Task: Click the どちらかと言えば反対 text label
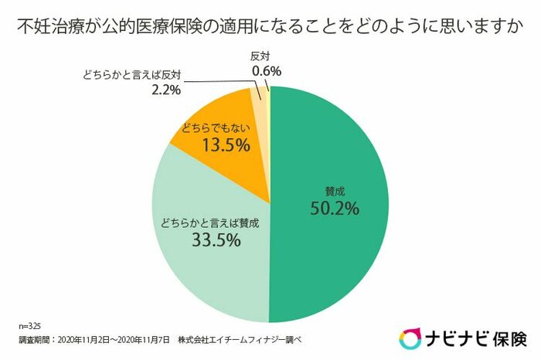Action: click(132, 76)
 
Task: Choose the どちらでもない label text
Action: click(216, 127)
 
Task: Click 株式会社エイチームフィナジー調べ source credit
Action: click(242, 340)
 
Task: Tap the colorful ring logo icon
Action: click(410, 338)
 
